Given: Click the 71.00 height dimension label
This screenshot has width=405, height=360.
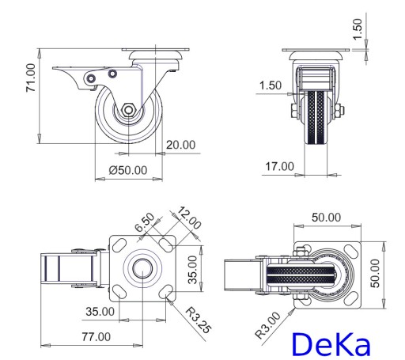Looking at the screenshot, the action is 31,78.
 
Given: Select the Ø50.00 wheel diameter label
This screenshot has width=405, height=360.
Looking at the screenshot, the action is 128,170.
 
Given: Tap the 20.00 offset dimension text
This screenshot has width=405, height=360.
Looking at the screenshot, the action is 181,145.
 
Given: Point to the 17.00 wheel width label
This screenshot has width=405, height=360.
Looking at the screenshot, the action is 279,167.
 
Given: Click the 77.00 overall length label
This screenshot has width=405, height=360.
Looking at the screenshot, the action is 97,337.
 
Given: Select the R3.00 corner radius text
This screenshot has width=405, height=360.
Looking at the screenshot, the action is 268,325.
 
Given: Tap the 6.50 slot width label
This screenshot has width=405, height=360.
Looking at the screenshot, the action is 145,222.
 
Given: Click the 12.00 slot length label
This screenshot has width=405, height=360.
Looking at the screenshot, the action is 189,218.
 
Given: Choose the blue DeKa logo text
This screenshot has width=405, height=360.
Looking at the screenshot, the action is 331,344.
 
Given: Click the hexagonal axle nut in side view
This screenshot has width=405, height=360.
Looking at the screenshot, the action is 128,110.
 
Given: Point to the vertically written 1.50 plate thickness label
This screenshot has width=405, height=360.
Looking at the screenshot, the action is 358,29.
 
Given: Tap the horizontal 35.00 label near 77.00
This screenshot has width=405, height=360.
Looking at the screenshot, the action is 100,312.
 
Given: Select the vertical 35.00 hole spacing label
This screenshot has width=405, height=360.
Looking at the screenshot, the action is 193,270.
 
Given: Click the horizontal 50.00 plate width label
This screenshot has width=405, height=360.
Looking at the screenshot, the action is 326,218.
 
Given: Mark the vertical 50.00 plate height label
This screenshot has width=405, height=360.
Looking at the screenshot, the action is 375,273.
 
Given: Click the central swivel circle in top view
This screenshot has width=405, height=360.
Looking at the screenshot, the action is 142,268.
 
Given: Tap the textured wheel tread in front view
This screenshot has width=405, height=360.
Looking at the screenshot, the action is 316,117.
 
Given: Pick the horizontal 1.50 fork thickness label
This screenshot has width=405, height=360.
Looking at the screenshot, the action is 271,85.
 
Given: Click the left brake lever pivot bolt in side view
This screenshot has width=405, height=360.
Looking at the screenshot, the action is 91,78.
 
